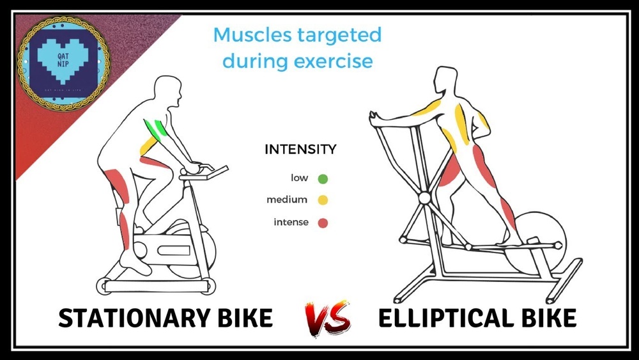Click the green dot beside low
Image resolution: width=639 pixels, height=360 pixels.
tap(322, 178)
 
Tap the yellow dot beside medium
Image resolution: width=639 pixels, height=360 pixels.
tap(322, 200)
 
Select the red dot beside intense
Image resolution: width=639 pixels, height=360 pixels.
tap(322, 223)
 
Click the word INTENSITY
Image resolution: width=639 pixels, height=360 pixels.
tap(300, 150)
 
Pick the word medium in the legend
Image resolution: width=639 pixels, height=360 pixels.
tap(287, 200)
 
